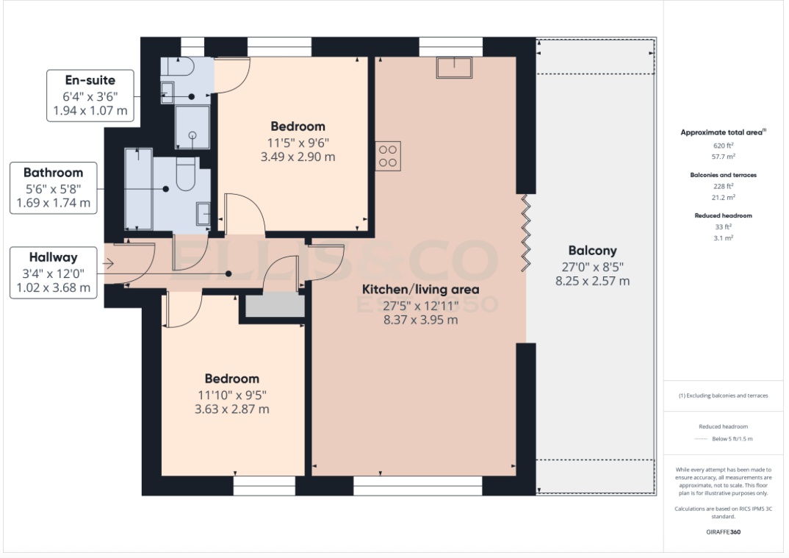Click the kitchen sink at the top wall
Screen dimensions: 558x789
tap(455, 68)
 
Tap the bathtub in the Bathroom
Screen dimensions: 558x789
tap(138, 188)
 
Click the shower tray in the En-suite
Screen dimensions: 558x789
tap(192, 127)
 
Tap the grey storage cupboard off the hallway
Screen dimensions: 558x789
tap(274, 305)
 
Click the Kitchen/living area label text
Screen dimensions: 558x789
tap(419, 289)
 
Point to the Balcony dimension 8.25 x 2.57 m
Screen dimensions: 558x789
tap(592, 281)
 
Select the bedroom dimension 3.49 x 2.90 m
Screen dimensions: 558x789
tap(298, 157)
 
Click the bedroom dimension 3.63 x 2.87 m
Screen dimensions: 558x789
tap(231, 409)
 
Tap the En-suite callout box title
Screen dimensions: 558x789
tap(90, 80)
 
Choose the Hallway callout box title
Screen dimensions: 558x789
tap(53, 257)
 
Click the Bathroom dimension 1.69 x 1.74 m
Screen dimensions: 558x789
tap(52, 203)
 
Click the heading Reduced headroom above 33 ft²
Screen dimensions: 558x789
tap(723, 215)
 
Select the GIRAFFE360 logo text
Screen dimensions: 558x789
tap(723, 532)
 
